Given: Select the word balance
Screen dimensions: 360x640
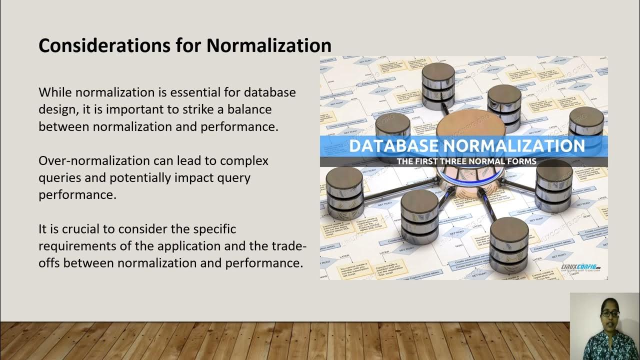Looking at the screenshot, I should click(246, 109).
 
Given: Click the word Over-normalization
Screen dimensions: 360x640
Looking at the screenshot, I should click(94, 161).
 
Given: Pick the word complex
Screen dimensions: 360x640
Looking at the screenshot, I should click(244, 161).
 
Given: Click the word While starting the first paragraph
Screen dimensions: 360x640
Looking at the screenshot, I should click(55, 92).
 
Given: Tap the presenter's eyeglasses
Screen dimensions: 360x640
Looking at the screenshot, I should click(610, 314).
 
